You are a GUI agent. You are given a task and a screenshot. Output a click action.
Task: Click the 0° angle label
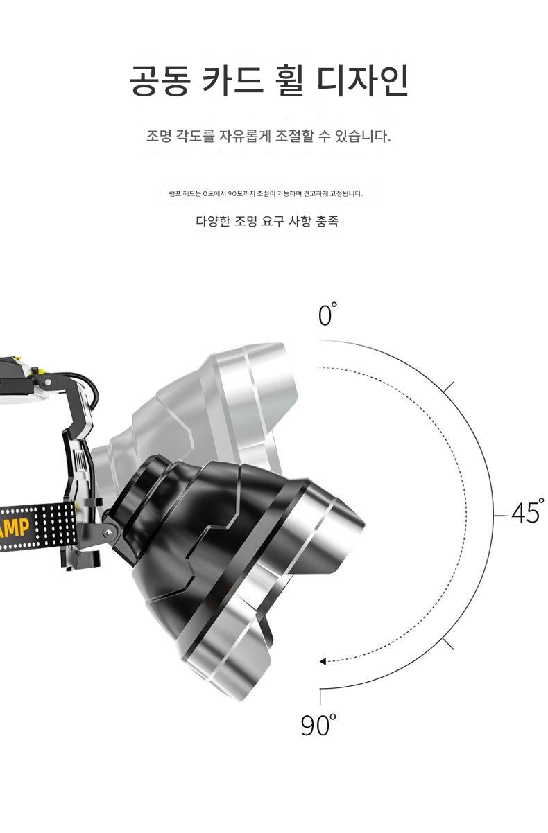(x=328, y=314)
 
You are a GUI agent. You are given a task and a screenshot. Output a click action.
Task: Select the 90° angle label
(x=318, y=725)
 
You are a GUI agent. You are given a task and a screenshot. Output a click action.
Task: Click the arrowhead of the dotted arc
(x=323, y=661)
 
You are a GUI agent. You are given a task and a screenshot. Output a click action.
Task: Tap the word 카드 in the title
(x=233, y=80)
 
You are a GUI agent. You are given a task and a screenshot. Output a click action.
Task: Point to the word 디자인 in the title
(x=363, y=80)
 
